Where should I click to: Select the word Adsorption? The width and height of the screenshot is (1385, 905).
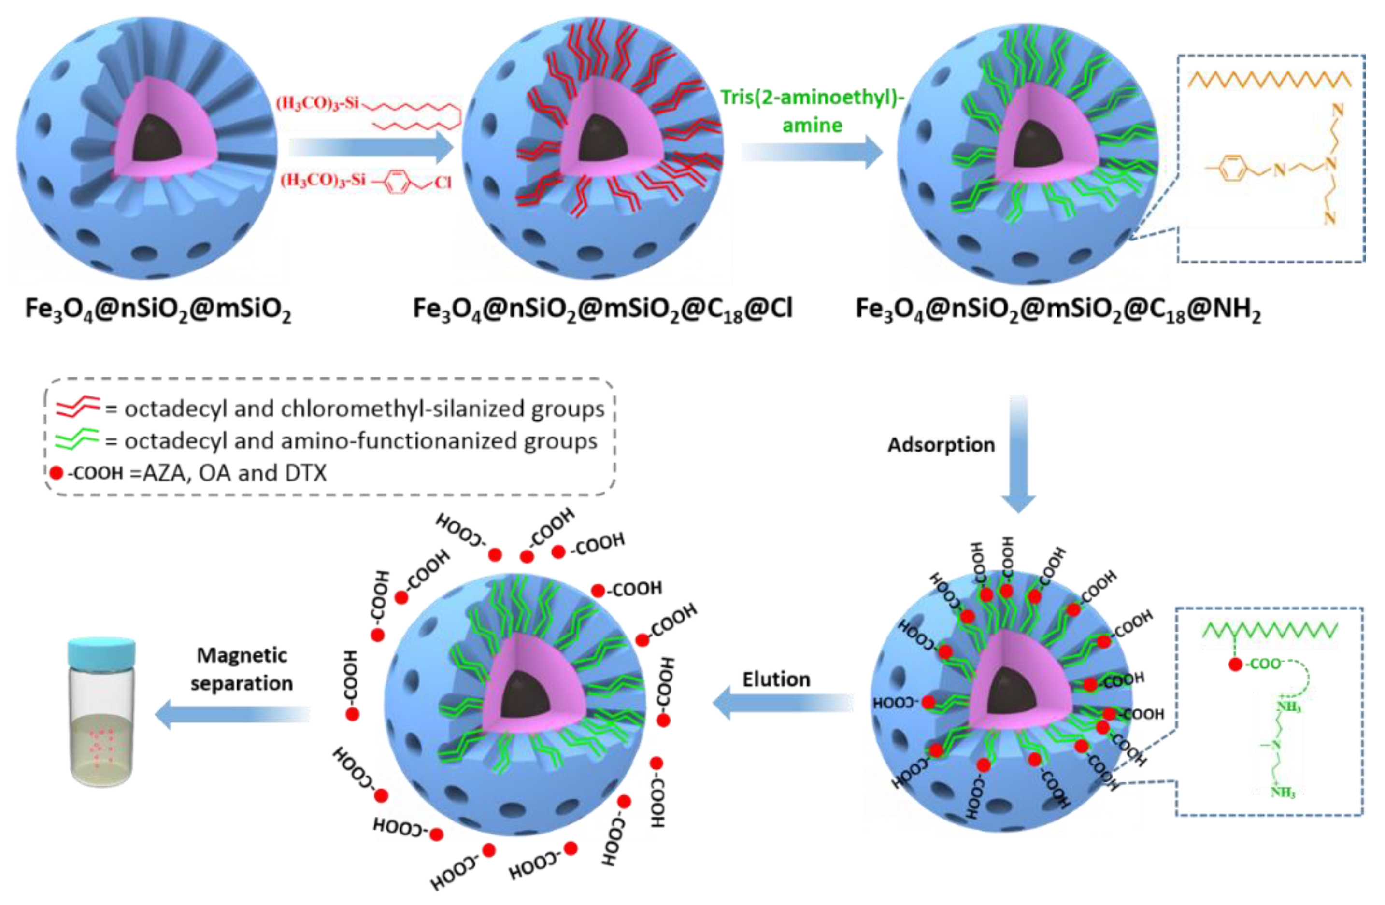(x=941, y=445)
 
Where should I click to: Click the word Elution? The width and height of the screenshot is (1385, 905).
(x=776, y=679)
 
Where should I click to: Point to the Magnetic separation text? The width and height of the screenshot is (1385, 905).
(x=242, y=669)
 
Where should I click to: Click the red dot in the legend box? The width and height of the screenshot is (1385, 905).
(x=57, y=473)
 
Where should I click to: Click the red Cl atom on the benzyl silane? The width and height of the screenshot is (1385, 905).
(x=443, y=183)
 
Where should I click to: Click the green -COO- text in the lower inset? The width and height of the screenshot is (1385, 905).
(x=1265, y=664)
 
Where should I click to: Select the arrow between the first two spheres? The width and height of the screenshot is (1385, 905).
(x=371, y=148)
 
